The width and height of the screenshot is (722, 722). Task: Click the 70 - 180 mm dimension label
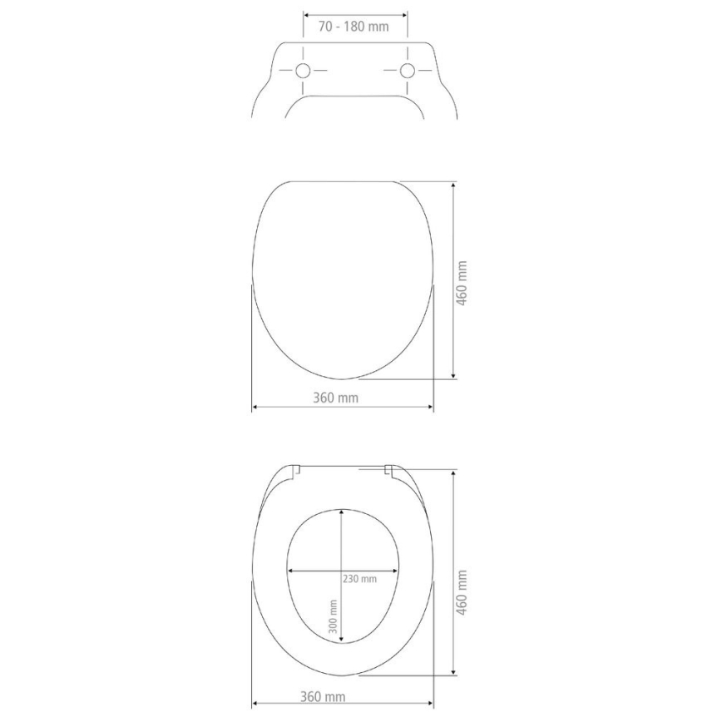point(354,26)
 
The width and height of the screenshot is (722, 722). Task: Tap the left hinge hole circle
point(303,71)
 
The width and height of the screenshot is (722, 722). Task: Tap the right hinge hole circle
point(408,71)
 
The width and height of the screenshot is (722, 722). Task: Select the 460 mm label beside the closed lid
point(463,283)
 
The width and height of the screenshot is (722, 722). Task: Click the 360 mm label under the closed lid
point(336,398)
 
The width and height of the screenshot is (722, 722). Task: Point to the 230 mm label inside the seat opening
point(359,578)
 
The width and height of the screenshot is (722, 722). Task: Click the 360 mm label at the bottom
point(323,696)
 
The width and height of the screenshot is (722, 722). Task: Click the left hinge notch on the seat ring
point(295,471)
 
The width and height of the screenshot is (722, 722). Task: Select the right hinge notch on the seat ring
point(388,471)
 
